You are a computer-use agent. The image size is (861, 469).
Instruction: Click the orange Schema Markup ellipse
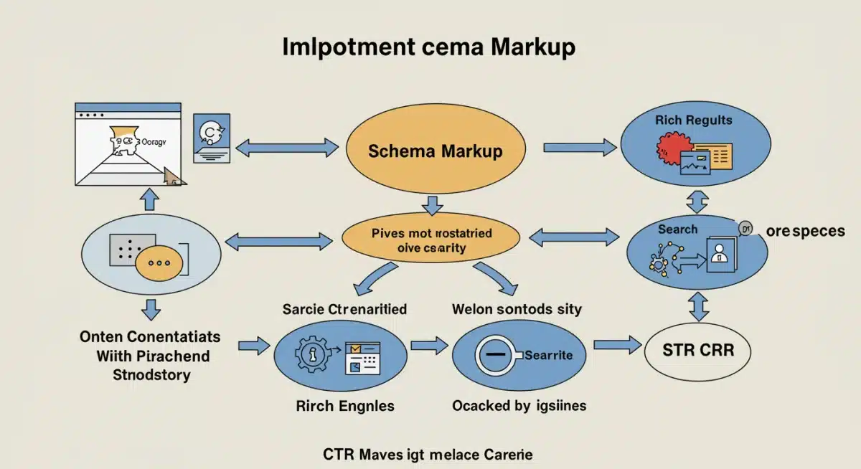pyautogui.click(x=435, y=151)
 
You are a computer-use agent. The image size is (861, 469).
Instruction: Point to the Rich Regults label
pyautogui.click(x=693, y=120)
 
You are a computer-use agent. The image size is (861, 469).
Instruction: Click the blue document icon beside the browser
pyautogui.click(x=212, y=137)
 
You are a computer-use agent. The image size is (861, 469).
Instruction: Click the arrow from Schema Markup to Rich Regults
pyautogui.click(x=579, y=148)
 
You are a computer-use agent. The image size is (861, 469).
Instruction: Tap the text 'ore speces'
pyautogui.click(x=804, y=231)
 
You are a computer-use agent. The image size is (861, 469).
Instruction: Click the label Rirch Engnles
pyautogui.click(x=345, y=406)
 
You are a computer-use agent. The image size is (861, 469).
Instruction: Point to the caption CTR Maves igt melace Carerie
pyautogui.click(x=428, y=455)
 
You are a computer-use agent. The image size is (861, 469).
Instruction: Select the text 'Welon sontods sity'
pyautogui.click(x=517, y=310)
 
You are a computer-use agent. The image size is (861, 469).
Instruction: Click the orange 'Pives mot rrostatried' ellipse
pyautogui.click(x=430, y=240)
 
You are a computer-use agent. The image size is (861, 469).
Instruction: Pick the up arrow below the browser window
pyautogui.click(x=150, y=199)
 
